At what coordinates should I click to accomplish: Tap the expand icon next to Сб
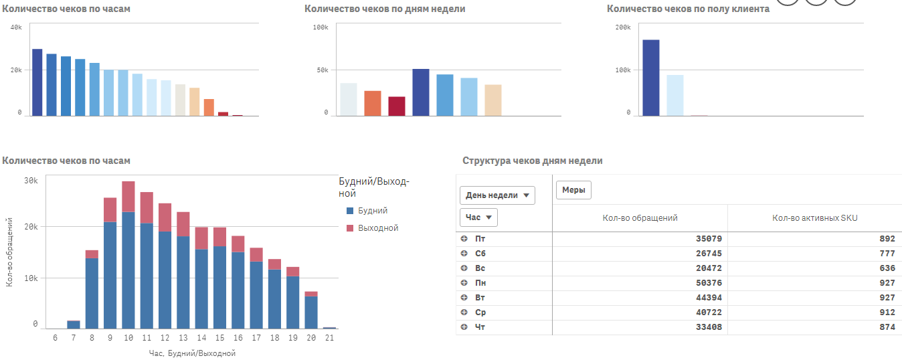coord(464,254)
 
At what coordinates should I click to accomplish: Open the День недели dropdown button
coord(497,195)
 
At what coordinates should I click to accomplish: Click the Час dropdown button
coord(478,217)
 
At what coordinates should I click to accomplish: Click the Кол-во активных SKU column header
coord(814,218)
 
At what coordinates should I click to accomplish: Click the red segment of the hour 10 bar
coord(128,196)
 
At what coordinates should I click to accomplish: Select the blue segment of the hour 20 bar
coord(310,312)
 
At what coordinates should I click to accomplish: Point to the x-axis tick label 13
coord(183,339)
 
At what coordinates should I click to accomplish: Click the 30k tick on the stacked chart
coord(31,181)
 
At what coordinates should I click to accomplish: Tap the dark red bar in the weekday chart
coord(397,106)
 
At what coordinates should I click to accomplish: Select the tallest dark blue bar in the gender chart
coord(651,78)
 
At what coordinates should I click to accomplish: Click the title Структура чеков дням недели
coord(533,161)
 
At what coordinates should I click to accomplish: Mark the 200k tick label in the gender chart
coord(623,27)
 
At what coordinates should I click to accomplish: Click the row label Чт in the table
coord(480,327)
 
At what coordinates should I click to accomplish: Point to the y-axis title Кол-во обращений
coord(9,252)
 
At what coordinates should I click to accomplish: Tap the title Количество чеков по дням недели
coord(385,9)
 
